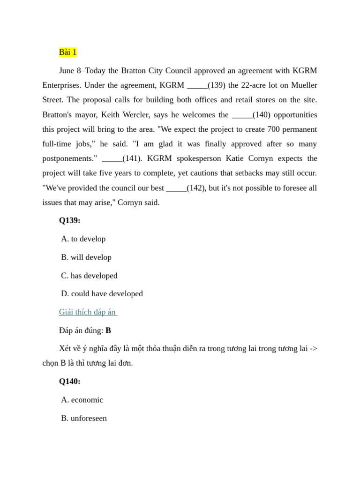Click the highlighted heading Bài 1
67,52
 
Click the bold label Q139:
69,220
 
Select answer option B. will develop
86,257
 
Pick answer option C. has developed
89,276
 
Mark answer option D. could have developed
102,294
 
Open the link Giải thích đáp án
88,312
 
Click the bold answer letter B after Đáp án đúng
108,330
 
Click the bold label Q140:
69,382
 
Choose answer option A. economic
82,400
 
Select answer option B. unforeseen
84,418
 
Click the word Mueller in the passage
304,85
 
